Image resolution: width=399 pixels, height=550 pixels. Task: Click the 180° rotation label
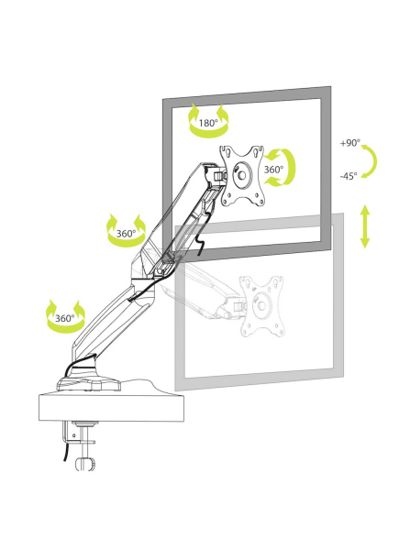click(208, 123)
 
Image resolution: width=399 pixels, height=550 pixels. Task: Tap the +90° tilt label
click(349, 143)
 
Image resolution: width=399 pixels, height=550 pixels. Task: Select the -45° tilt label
click(349, 176)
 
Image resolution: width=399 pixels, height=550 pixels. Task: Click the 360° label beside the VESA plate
click(273, 170)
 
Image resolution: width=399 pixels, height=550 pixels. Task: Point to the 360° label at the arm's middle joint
click(126, 234)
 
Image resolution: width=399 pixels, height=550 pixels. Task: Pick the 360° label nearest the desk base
click(65, 318)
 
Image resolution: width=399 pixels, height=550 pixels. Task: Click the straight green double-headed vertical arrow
click(365, 226)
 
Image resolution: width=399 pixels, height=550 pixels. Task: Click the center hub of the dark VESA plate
click(242, 174)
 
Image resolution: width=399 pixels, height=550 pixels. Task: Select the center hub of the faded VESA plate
click(261, 305)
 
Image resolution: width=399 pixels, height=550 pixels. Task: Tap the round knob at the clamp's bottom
click(85, 464)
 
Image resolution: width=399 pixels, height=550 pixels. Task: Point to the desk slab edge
click(111, 408)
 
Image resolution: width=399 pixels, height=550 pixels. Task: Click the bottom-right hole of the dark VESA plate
click(260, 202)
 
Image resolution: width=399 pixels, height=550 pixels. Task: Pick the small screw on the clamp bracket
click(74, 436)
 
